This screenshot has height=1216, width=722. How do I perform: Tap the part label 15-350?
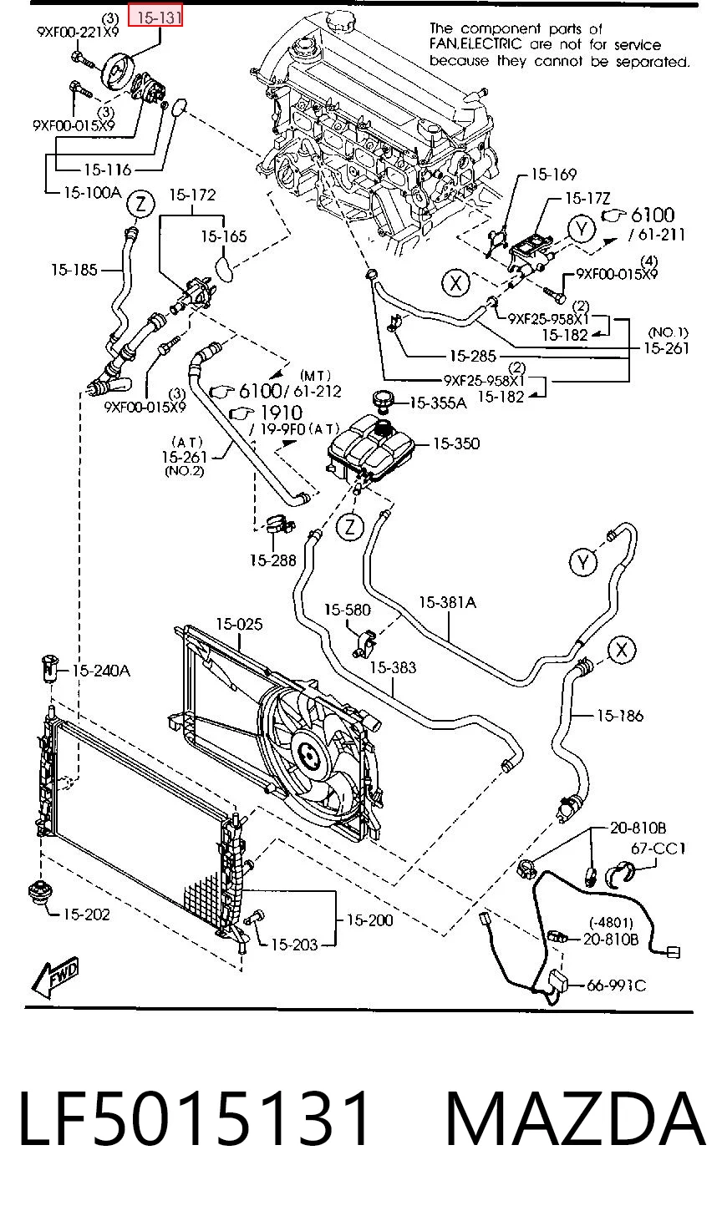455,443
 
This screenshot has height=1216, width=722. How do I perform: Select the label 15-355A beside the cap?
437,403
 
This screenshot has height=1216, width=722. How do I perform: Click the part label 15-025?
239,625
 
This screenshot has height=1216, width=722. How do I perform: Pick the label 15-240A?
101,671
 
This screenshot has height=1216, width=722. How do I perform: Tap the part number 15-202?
86,915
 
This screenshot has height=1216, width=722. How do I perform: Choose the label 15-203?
294,945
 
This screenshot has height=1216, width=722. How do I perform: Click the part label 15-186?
620,716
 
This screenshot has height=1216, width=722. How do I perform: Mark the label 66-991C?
616,985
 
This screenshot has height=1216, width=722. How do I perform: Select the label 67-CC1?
658,849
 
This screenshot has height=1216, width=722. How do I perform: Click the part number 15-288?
272,560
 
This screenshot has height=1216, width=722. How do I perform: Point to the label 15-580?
347,611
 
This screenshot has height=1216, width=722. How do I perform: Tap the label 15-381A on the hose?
447,603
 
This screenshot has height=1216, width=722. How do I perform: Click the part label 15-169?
553,175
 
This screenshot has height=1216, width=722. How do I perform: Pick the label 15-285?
473,356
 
